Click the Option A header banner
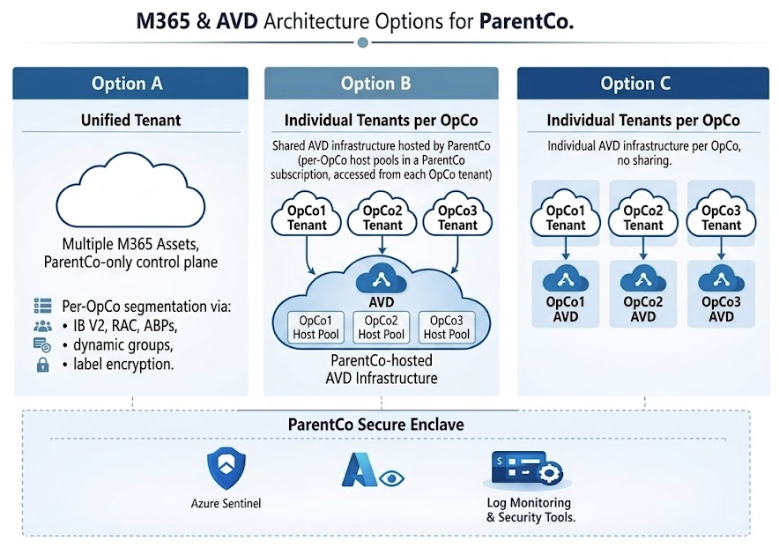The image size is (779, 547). pos(127,84)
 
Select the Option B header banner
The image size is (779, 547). pos(376,84)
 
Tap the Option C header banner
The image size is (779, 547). pos(635,84)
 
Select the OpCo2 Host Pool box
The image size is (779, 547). pos(382,327)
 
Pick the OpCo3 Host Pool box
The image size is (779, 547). pos(447,327)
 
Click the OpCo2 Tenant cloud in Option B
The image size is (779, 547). pos(382,218)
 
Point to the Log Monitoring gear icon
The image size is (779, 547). pos(550,473)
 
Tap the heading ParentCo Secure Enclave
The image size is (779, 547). pos(376,425)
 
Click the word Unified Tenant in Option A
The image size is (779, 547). pos(130,119)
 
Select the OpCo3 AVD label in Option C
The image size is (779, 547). pos(721,308)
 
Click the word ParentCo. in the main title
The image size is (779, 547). pos(527,21)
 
